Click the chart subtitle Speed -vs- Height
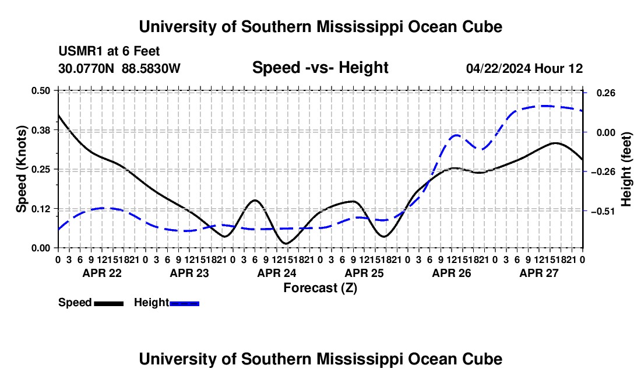click(x=320, y=68)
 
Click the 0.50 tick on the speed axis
click(x=40, y=91)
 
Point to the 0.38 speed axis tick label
click(x=40, y=130)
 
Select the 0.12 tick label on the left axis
click(x=40, y=209)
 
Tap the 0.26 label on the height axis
click(x=606, y=93)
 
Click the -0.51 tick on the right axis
click(x=603, y=212)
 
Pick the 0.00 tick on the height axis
click(x=606, y=132)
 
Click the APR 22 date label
click(x=102, y=273)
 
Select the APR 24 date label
click(x=277, y=273)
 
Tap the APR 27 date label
click(x=539, y=273)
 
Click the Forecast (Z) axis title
click(x=320, y=288)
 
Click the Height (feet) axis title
click(x=626, y=169)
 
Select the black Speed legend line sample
click(x=109, y=303)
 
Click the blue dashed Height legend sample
click(x=184, y=303)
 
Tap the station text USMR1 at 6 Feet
click(x=109, y=51)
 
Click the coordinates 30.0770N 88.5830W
click(x=119, y=68)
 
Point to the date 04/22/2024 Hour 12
click(x=524, y=68)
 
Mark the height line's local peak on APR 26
click(x=456, y=135)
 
